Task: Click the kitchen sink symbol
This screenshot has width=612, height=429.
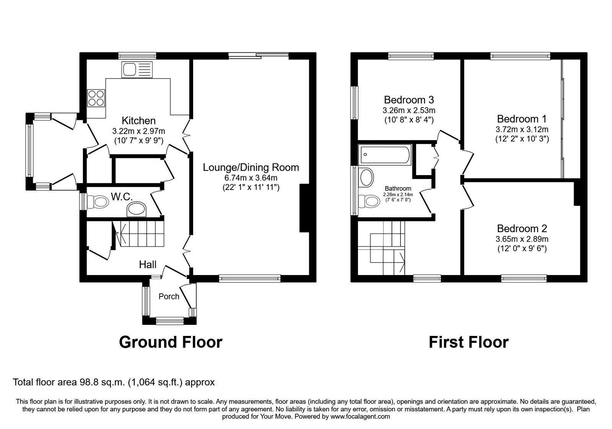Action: (x=137, y=70)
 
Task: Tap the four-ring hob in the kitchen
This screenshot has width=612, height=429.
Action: (x=96, y=97)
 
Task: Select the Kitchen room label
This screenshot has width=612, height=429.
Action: (x=138, y=121)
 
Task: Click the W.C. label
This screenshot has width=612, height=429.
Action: (x=122, y=197)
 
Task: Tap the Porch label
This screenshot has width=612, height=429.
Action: (x=169, y=296)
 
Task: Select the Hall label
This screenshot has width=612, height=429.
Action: (x=148, y=264)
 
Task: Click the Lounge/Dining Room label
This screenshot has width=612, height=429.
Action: (x=251, y=167)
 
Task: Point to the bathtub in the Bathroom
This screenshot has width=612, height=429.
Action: (x=384, y=155)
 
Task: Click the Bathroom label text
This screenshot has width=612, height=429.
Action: (x=398, y=188)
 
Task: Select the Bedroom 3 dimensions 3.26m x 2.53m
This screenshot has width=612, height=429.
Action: (x=409, y=111)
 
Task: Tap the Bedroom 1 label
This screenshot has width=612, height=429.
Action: (x=522, y=119)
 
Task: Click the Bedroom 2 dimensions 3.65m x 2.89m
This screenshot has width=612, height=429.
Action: (x=522, y=239)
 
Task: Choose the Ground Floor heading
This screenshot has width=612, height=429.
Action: (x=170, y=342)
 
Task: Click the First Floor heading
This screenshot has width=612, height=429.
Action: (x=468, y=342)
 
